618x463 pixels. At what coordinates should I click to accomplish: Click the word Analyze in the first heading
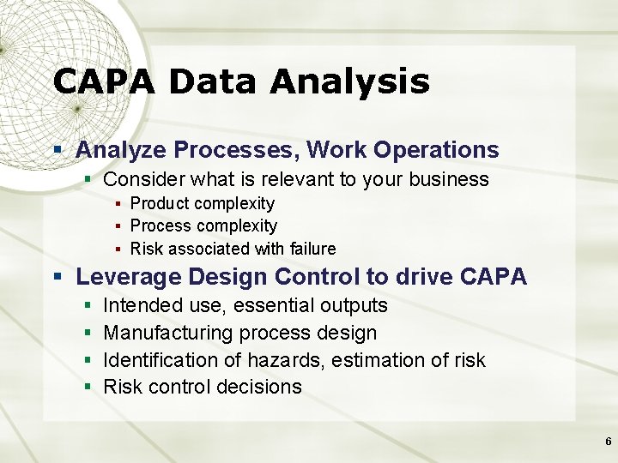[x=121, y=150]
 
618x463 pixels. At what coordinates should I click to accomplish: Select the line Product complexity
[x=202, y=204]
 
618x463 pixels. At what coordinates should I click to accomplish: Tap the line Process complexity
[x=203, y=226]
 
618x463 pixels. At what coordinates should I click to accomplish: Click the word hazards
[x=288, y=360]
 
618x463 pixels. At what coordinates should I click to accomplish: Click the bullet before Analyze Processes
[x=58, y=150]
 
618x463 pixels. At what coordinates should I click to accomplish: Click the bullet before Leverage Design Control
[x=58, y=278]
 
